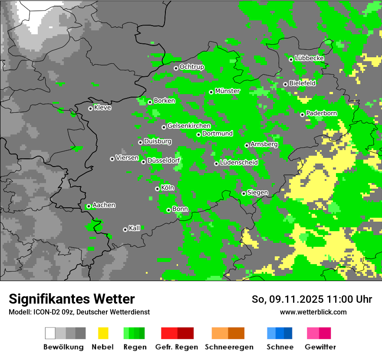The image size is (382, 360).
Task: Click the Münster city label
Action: [x=227, y=91]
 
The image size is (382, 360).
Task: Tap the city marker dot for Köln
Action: [x=157, y=189]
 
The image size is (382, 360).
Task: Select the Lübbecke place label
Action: [x=309, y=58]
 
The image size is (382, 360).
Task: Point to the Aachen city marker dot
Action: [x=89, y=206]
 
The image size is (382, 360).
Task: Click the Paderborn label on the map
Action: [x=322, y=114]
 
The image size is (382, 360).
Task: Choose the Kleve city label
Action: [x=103, y=108]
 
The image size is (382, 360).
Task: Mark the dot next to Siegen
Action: [x=244, y=193]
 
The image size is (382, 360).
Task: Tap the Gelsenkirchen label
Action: [x=189, y=126]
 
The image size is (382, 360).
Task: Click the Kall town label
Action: [x=135, y=228]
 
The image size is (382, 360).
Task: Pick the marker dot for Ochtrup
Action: [x=176, y=68]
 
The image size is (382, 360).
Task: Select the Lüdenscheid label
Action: [x=239, y=163]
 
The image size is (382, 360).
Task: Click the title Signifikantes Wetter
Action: [x=72, y=299]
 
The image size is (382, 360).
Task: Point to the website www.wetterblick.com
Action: [x=313, y=312]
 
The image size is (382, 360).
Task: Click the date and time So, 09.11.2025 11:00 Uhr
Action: [x=312, y=299]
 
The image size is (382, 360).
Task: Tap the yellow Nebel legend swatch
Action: [x=103, y=333]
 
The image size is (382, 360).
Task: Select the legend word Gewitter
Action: [x=320, y=347]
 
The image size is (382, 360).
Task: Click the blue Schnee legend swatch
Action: [x=280, y=333]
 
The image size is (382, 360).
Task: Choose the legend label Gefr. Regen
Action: [x=176, y=347]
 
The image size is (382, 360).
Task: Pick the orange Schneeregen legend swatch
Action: [x=228, y=333]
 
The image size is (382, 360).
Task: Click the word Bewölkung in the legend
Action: [x=63, y=347]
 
